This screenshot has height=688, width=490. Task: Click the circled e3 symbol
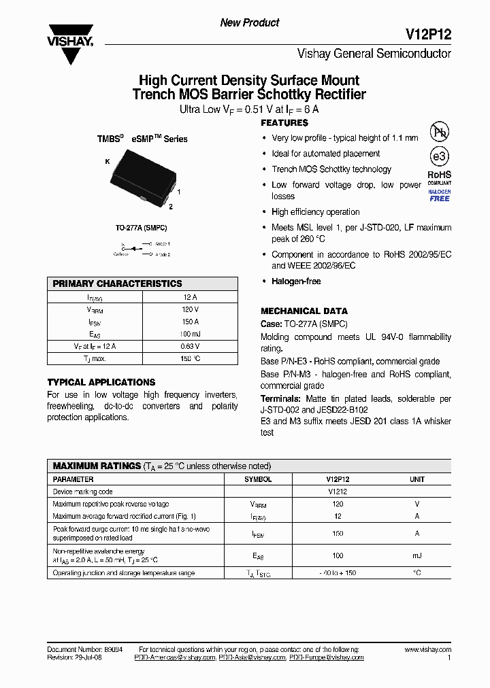click(x=439, y=157)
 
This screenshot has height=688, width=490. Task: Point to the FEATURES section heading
click(x=284, y=123)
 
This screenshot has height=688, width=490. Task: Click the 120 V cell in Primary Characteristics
click(x=191, y=309)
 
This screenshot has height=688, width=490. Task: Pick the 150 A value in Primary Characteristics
click(x=191, y=322)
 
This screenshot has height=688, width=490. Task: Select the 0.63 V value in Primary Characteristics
click(x=191, y=346)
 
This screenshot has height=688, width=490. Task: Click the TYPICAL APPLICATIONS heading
click(x=101, y=382)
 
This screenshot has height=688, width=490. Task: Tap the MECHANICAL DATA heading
click(x=304, y=311)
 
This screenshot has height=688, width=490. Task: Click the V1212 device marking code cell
click(x=338, y=492)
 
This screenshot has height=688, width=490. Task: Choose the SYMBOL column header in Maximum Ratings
click(x=258, y=479)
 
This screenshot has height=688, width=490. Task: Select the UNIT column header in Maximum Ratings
click(x=416, y=479)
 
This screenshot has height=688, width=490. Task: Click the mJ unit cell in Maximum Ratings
click(x=416, y=555)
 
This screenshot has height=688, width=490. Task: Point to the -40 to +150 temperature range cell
click(x=338, y=573)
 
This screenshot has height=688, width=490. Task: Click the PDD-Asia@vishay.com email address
click(x=252, y=658)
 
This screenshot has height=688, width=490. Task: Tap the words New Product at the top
click(x=250, y=23)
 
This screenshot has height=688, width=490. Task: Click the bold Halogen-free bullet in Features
click(x=296, y=281)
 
